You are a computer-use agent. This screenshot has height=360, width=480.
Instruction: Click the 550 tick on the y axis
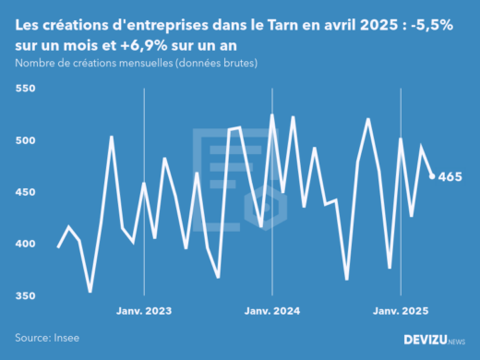coord(24,89)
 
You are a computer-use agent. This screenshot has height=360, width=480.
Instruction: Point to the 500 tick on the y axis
coord(24,140)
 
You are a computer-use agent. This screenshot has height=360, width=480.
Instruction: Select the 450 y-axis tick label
coord(24,192)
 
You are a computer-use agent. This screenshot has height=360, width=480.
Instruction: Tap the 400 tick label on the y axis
coord(24,244)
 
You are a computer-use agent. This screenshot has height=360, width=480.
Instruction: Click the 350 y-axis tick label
coord(24,295)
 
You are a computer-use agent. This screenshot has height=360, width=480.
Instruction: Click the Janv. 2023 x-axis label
coord(143,311)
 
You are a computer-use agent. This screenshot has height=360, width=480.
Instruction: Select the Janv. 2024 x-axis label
coord(272,311)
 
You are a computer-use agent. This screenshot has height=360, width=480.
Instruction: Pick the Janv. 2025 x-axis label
coord(401,311)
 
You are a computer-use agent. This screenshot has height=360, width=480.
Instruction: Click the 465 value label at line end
coord(450,177)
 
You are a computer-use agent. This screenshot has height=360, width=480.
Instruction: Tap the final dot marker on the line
coord(432,176)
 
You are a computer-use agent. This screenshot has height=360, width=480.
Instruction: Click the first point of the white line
coord(58,246)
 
